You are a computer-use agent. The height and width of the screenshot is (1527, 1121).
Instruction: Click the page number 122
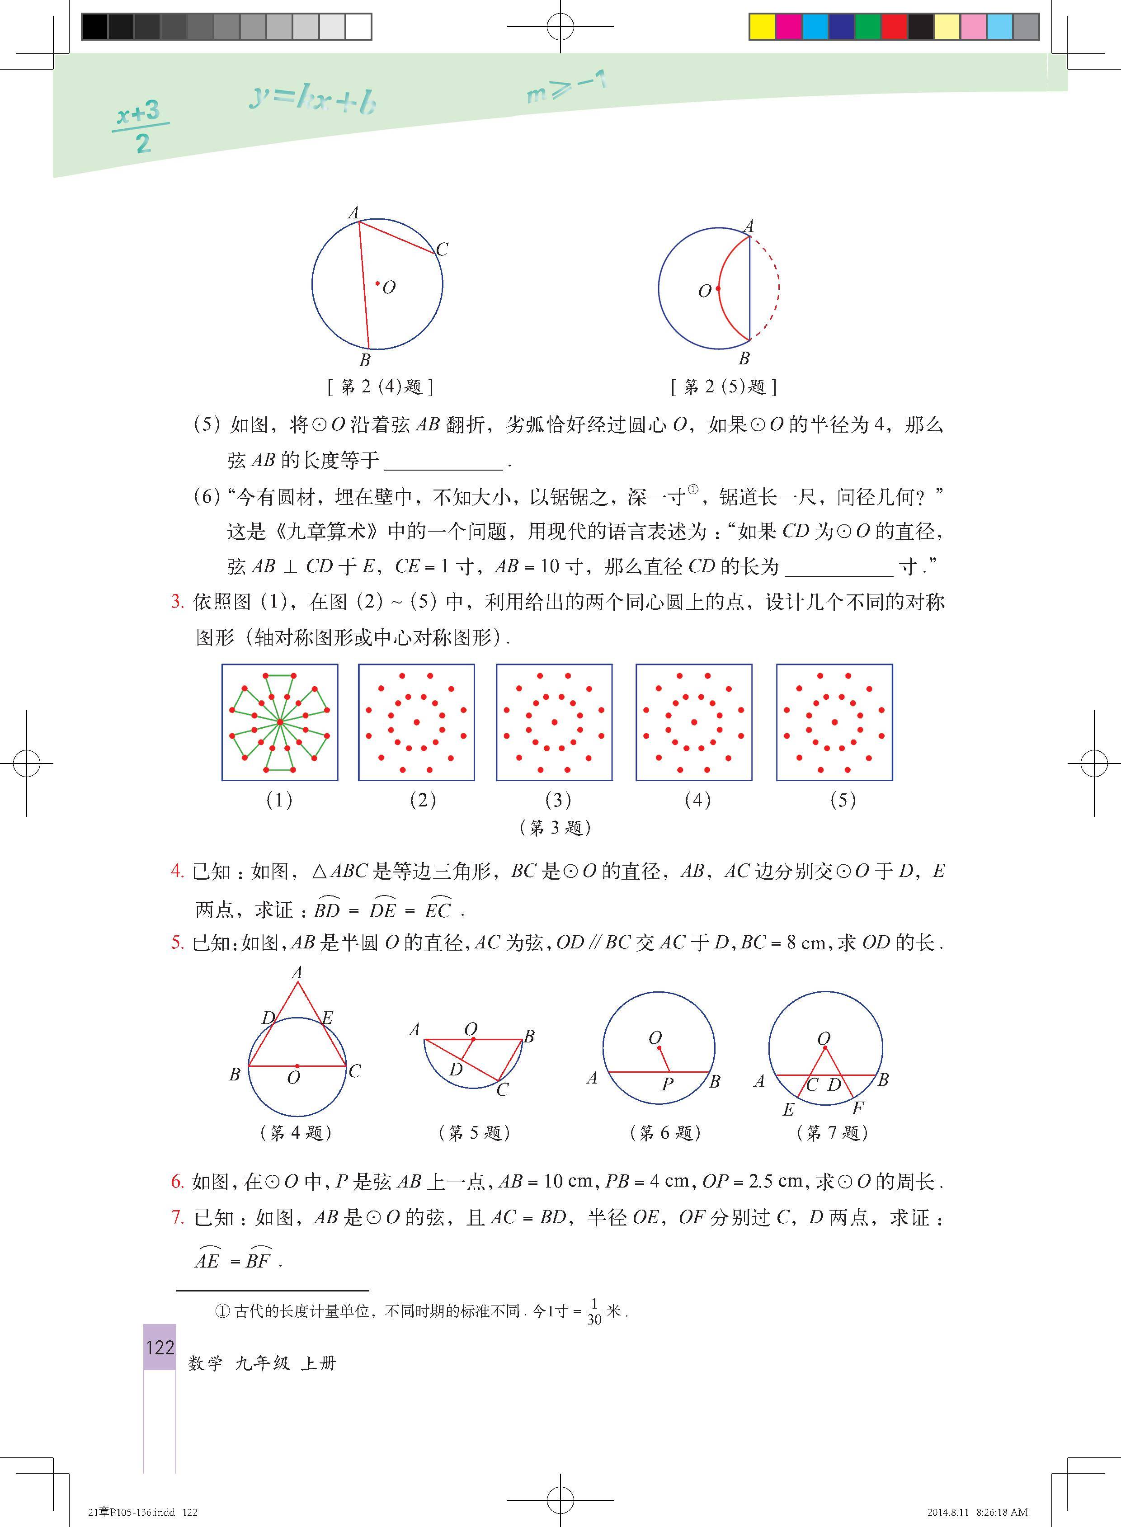[x=160, y=1347]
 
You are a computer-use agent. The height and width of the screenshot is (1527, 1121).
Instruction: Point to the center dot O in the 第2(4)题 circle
[x=378, y=283]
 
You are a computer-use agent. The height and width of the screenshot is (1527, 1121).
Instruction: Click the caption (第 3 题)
[x=555, y=827]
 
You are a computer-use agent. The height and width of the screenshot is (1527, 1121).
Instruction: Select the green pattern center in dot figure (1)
[x=279, y=722]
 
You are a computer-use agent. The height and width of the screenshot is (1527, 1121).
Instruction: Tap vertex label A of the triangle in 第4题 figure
[x=297, y=972]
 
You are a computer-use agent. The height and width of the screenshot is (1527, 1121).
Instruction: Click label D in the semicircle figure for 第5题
[x=455, y=1070]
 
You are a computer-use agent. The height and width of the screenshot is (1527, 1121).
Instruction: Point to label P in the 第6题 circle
[x=668, y=1084]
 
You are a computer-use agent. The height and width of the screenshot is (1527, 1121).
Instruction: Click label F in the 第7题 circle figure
[x=858, y=1108]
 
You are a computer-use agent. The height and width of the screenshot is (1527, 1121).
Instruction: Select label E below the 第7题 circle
[x=788, y=1110]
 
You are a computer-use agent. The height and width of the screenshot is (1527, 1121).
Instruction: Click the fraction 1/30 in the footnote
[x=594, y=1312]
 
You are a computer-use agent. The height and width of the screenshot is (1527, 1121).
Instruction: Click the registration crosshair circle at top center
[x=560, y=27]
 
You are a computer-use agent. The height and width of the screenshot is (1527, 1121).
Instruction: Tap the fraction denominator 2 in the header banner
[x=142, y=144]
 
